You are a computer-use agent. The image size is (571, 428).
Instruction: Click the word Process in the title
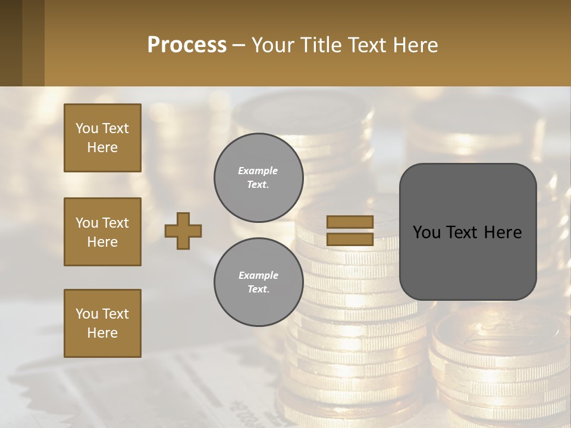tap(187, 45)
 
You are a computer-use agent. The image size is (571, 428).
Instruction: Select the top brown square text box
tap(102, 138)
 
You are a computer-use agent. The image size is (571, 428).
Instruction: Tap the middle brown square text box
tap(102, 232)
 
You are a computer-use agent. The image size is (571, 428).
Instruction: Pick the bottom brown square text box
tap(102, 323)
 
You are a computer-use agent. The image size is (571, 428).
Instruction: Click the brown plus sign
tap(183, 231)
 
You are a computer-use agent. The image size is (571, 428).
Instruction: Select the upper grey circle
tap(258, 177)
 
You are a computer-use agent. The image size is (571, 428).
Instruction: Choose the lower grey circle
tap(258, 282)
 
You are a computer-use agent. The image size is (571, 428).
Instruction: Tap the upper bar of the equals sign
tap(350, 222)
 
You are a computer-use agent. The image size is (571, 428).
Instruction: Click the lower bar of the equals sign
tap(350, 239)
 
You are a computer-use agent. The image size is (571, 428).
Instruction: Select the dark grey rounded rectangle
tap(468, 232)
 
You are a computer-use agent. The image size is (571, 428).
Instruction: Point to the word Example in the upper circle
tap(258, 171)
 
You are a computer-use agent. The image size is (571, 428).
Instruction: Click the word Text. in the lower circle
tap(258, 289)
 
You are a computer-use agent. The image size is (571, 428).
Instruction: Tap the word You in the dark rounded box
tap(426, 232)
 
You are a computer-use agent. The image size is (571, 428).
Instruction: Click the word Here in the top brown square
tap(102, 147)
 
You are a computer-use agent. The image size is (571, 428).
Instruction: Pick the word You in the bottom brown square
tap(87, 314)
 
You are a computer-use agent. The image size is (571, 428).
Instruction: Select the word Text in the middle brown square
tap(115, 223)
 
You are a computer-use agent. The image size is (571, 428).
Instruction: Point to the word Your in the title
tap(274, 45)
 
